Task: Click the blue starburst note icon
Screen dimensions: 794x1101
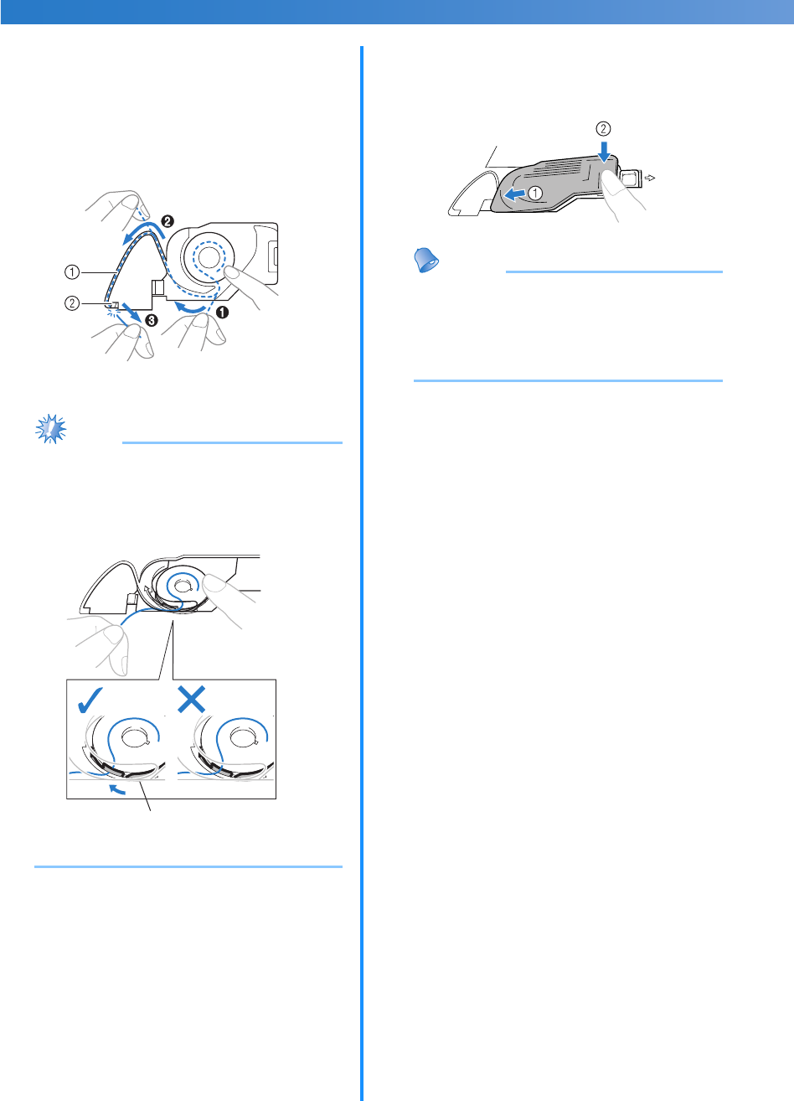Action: (x=51, y=429)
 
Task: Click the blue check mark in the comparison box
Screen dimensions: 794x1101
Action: (x=91, y=696)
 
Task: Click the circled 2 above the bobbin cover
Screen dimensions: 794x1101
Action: (x=603, y=130)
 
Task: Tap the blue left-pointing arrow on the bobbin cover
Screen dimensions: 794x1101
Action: (x=514, y=194)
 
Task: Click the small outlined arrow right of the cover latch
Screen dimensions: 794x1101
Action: (x=652, y=178)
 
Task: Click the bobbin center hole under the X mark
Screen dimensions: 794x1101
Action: (x=242, y=737)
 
